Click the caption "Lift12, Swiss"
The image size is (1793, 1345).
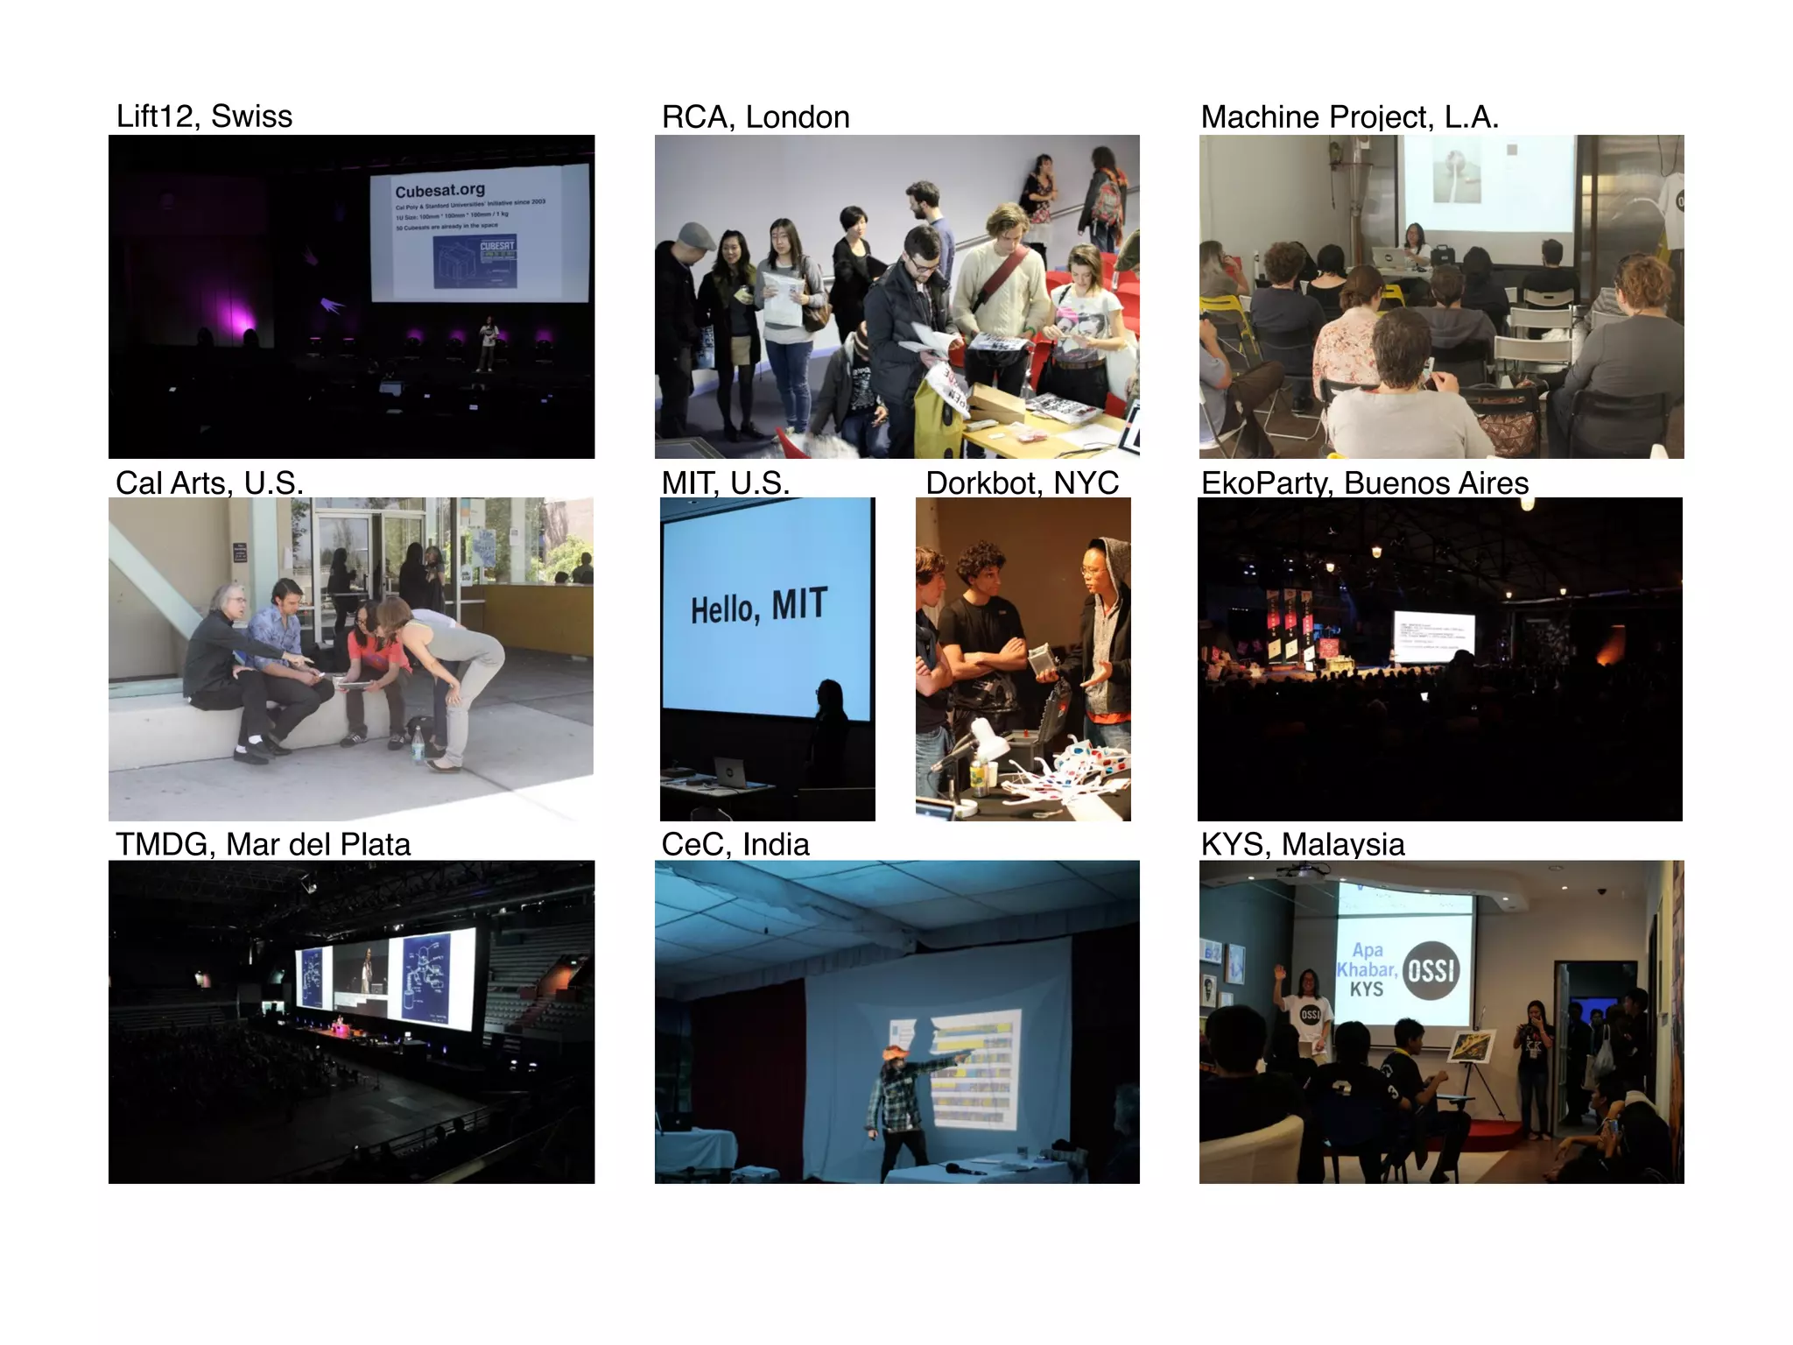coord(204,116)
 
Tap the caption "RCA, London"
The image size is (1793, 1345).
coord(756,117)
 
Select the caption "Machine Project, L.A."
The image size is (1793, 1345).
coord(1349,117)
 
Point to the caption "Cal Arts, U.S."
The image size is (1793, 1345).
coord(209,483)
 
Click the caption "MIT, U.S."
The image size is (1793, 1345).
coord(725,483)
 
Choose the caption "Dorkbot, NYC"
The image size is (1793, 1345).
coord(1022,483)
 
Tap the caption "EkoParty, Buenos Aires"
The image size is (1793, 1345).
coord(1364,483)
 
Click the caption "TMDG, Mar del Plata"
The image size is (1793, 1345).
coord(263,845)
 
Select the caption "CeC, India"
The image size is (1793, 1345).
coord(735,845)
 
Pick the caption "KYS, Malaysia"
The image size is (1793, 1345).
coord(1302,845)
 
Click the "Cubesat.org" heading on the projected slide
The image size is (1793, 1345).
coord(439,191)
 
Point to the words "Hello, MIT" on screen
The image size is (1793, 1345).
coord(758,606)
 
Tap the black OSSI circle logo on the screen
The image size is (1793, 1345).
coord(1431,970)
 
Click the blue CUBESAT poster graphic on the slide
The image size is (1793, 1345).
coord(475,260)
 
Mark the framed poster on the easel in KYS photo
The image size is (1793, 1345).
coord(1471,1046)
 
